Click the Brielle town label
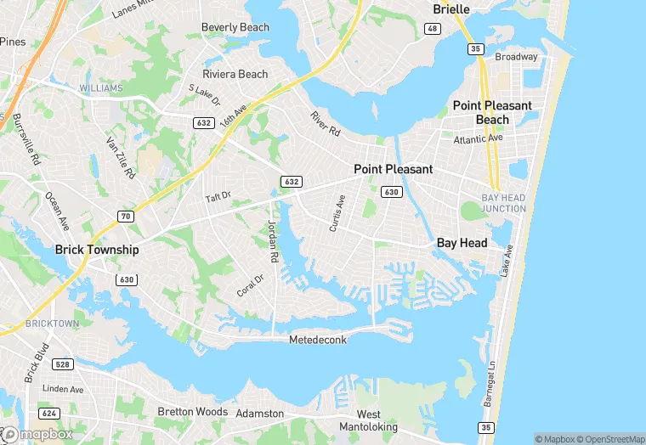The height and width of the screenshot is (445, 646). [450, 9]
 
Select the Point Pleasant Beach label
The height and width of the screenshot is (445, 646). [492, 112]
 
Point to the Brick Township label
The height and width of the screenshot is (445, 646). [96, 250]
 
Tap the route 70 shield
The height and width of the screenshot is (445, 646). [126, 217]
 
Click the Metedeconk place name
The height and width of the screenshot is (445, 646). [317, 340]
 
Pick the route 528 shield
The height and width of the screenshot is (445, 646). [61, 364]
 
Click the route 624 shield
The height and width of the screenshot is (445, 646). [49, 414]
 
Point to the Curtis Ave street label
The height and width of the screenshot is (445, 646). [337, 214]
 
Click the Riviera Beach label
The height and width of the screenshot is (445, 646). [235, 74]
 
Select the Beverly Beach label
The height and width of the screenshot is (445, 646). [235, 27]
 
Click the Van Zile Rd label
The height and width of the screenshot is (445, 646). [121, 158]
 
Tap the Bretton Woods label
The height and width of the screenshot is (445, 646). [192, 412]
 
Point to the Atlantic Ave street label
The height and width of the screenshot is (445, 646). [478, 138]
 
